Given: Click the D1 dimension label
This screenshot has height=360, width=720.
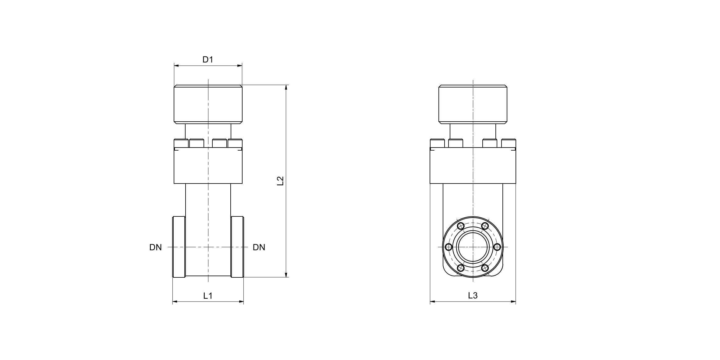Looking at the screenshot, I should point(208,60).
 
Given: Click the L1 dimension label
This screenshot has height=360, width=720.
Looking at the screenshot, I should point(208,295).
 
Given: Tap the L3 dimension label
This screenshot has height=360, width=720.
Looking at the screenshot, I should point(473,295).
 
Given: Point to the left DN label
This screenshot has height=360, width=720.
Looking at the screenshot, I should point(155,248).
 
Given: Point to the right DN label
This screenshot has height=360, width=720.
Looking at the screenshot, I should point(259,248).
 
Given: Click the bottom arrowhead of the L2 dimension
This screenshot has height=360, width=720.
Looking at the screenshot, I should point(286,275).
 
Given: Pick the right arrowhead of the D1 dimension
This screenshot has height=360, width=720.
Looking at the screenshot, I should point(240,65).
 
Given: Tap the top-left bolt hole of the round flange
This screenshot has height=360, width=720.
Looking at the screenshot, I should point(461,226).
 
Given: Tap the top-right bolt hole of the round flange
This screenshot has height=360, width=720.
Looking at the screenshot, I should point(485,226).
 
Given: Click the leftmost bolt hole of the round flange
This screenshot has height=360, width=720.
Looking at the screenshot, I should point(449,247).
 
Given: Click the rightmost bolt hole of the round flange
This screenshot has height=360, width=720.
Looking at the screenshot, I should point(497,247).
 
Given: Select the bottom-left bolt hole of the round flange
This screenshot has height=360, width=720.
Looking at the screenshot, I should point(461,268).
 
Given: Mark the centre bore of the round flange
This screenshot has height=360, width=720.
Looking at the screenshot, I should point(473,247).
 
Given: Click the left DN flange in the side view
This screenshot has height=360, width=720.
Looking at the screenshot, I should point(179,247).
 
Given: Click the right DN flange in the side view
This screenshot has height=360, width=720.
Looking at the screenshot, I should point(237,247).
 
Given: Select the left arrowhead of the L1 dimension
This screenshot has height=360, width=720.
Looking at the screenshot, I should point(175,302).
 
